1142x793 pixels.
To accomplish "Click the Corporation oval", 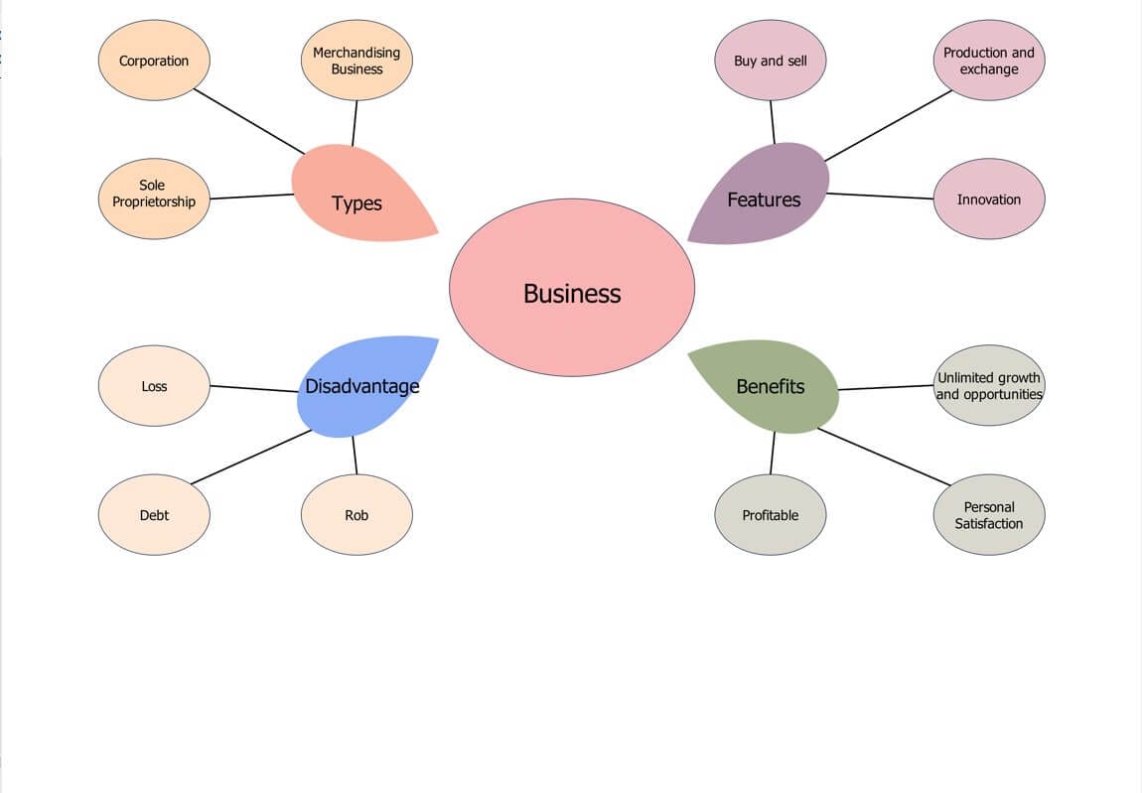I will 154,61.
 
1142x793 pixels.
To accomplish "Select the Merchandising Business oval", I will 357,61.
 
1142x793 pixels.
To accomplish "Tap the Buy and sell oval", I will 771,61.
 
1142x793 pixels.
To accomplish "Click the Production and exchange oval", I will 989,61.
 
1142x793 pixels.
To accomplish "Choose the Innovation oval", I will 989,199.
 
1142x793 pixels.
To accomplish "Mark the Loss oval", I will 154,386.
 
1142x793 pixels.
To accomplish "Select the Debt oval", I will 154,515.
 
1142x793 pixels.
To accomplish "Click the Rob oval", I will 357,515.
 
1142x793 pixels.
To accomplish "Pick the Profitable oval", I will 771,515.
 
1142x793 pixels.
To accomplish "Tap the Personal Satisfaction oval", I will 989,515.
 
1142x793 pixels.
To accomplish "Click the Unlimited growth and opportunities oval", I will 989,385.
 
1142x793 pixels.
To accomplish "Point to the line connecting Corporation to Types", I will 249,121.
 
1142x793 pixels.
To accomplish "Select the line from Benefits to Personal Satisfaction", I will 884,457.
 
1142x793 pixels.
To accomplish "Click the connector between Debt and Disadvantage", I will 251,457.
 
